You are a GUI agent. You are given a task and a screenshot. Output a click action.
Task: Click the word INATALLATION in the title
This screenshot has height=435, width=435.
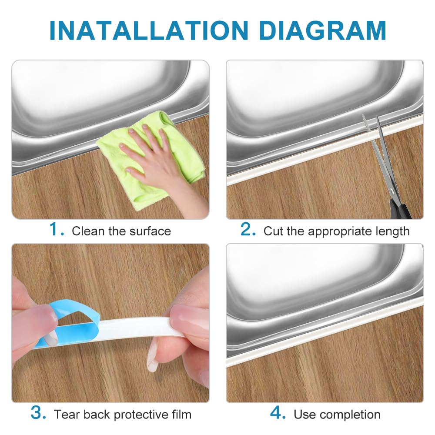(x=149, y=30)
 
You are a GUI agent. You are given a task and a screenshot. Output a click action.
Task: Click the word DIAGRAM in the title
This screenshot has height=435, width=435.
(x=323, y=30)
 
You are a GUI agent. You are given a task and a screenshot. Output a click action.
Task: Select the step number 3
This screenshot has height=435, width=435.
(x=38, y=413)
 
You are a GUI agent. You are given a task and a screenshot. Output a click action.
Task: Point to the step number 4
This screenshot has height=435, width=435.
(x=278, y=413)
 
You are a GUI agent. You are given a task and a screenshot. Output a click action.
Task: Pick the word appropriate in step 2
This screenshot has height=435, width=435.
(x=339, y=232)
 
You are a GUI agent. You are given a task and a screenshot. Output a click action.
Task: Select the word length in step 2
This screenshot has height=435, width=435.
(x=392, y=232)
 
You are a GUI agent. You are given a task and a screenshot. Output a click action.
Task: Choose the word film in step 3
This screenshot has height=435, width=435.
(x=182, y=415)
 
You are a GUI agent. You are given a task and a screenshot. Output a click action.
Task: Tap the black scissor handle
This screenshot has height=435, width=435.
(x=399, y=210)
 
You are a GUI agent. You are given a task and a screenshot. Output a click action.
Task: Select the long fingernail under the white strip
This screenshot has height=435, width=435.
(x=152, y=359)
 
